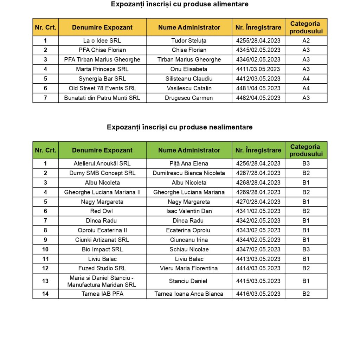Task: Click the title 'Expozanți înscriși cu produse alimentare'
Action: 180,4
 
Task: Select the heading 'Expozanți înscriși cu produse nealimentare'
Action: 180,127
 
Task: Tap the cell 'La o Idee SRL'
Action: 102,40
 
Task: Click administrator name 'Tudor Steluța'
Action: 189,40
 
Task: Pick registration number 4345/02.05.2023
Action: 258,50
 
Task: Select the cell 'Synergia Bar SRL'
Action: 102,79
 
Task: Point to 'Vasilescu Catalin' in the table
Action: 189,88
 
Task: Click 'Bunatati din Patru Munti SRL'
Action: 102,98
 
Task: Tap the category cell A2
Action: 306,40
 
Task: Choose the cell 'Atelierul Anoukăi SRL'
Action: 102,163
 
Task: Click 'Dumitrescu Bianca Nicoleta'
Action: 189,173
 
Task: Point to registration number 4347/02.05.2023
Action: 258,249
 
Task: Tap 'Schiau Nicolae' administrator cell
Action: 189,249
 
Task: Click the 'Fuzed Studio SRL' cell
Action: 102,268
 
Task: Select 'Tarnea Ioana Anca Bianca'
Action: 189,294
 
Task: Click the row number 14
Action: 45,294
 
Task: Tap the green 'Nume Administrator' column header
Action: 189,150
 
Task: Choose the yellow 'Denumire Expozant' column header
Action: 102,27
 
